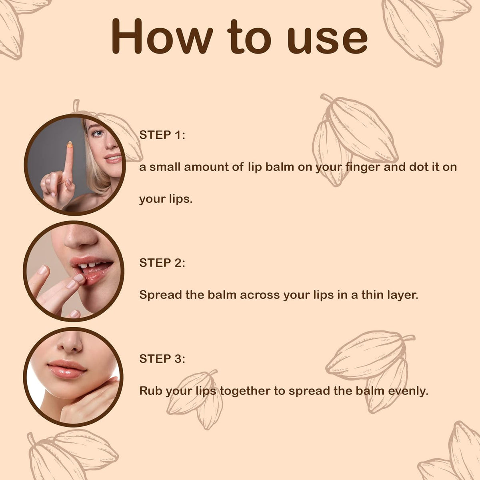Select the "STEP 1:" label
click(x=162, y=135)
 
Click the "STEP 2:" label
click(x=162, y=263)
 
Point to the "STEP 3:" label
click(x=162, y=359)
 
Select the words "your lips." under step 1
click(x=166, y=199)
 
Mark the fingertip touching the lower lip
click(x=79, y=278)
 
